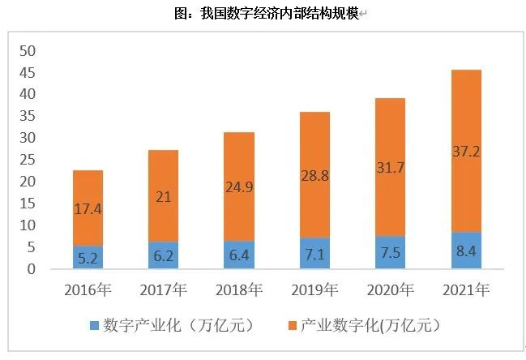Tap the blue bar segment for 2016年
[x=88, y=257]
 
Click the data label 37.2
[x=466, y=150]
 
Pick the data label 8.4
[x=466, y=251]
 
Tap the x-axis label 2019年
[x=314, y=290]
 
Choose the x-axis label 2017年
[x=163, y=290]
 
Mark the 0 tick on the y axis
[x=32, y=269]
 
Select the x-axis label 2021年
[x=466, y=290]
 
